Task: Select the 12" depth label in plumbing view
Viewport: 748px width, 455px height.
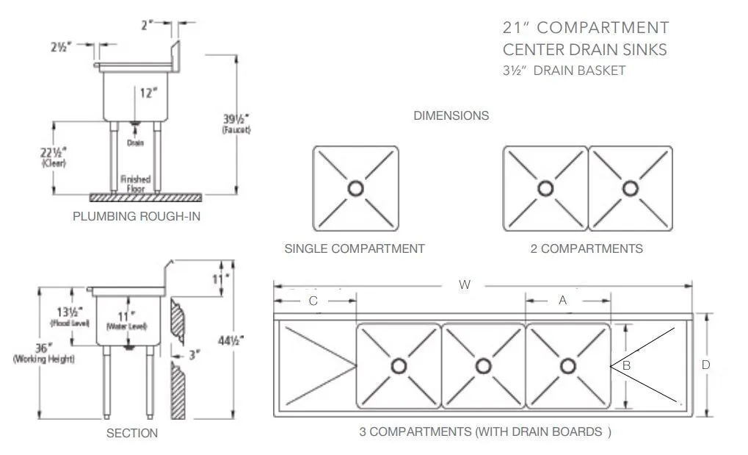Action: coord(149,93)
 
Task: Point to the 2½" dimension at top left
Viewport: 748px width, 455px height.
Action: coord(61,47)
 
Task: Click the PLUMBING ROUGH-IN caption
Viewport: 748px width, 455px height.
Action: coord(137,216)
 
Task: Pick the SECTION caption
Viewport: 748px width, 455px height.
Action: coord(132,433)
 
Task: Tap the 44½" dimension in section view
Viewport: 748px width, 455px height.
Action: coord(232,340)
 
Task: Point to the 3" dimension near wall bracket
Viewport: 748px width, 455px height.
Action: coord(195,355)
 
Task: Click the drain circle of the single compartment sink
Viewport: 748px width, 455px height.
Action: coord(356,188)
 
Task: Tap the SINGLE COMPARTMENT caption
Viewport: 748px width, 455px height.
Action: coord(355,248)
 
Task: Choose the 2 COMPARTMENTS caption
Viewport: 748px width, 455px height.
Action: coord(587,248)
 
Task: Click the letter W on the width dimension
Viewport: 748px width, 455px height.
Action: coord(464,285)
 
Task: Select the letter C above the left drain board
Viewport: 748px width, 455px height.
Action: coord(313,300)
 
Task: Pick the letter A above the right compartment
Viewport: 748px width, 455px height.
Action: coord(563,300)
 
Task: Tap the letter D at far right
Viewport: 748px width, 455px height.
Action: coord(705,365)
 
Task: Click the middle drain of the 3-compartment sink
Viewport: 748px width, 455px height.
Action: coord(483,365)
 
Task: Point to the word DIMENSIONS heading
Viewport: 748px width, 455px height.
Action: coord(451,115)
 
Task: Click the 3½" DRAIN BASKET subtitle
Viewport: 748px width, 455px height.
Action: coord(564,71)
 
